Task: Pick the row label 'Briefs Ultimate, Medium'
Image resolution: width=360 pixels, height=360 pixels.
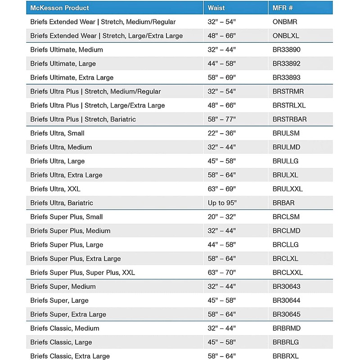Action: (67, 50)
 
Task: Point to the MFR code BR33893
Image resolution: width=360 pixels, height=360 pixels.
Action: (287, 78)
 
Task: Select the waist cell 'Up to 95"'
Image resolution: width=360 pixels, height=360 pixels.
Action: (222, 203)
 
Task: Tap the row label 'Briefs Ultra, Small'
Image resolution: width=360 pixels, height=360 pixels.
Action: (57, 134)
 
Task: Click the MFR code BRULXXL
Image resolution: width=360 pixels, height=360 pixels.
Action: (288, 189)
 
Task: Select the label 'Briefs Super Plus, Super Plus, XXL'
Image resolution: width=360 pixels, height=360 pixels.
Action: (83, 273)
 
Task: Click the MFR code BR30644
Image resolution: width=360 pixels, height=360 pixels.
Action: (287, 301)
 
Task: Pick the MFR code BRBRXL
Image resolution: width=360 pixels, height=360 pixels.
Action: (286, 356)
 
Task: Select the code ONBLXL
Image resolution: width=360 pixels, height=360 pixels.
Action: (286, 36)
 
